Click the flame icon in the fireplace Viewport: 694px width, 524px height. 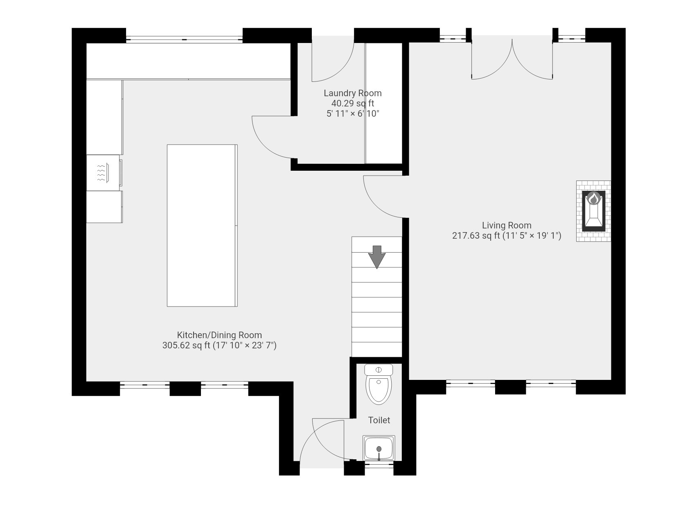click(x=593, y=199)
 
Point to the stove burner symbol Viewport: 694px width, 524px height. click(x=102, y=173)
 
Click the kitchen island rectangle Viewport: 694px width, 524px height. click(x=202, y=225)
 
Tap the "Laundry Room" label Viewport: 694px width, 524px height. click(x=352, y=93)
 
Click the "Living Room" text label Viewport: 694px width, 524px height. click(x=506, y=225)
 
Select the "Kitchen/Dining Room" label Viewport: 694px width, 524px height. click(x=219, y=335)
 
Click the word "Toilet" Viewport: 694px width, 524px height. click(x=379, y=420)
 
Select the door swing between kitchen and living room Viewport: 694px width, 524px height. click(x=379, y=203)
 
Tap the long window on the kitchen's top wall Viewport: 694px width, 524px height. click(x=184, y=39)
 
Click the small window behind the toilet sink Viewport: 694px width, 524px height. click(x=379, y=464)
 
